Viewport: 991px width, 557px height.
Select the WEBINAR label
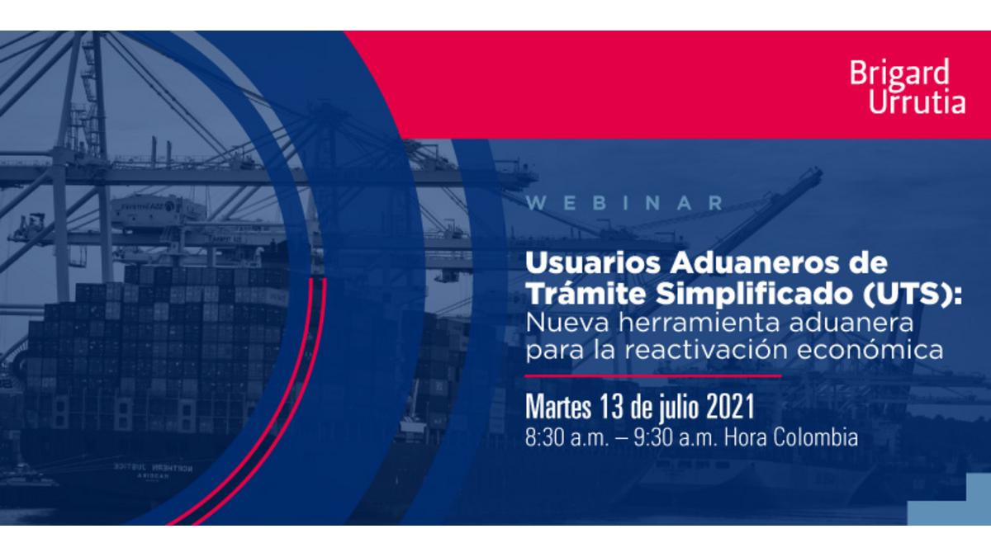(x=624, y=203)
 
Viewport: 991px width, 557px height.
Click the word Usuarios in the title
(x=593, y=263)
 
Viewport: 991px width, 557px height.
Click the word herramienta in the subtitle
(x=699, y=323)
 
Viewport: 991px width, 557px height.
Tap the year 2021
(x=730, y=406)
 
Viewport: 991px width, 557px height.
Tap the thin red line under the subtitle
(x=653, y=376)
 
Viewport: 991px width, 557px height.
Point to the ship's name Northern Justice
(x=153, y=467)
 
